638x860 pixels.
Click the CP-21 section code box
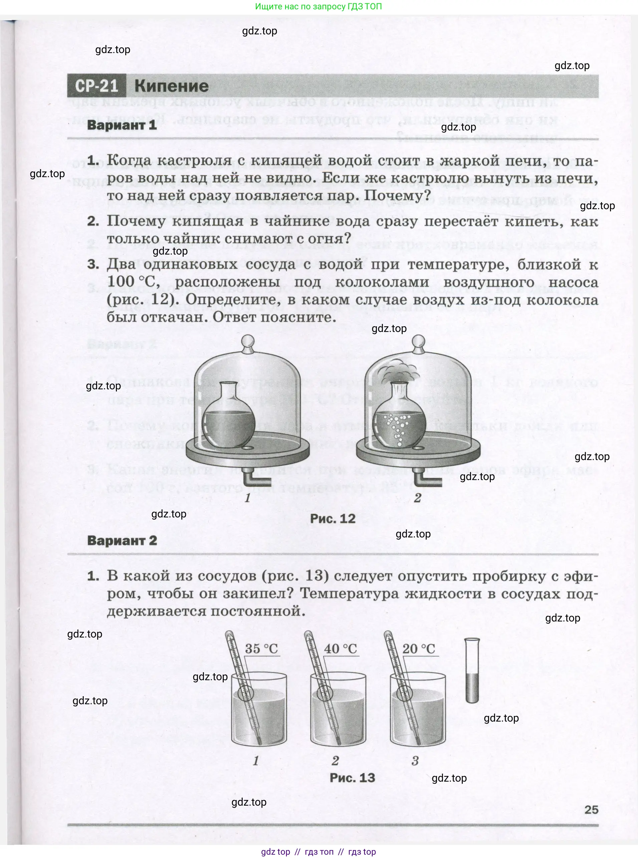pyautogui.click(x=96, y=86)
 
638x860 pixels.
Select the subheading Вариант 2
pyautogui.click(x=122, y=540)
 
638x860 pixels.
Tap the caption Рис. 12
pyautogui.click(x=333, y=518)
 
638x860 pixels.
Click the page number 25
pyautogui.click(x=591, y=809)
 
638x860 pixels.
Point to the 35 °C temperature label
pyautogui.click(x=261, y=649)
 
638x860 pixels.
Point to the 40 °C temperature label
pyautogui.click(x=340, y=649)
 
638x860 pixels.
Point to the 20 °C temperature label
pyautogui.click(x=419, y=649)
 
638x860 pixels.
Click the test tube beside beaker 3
pyautogui.click(x=472, y=671)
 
